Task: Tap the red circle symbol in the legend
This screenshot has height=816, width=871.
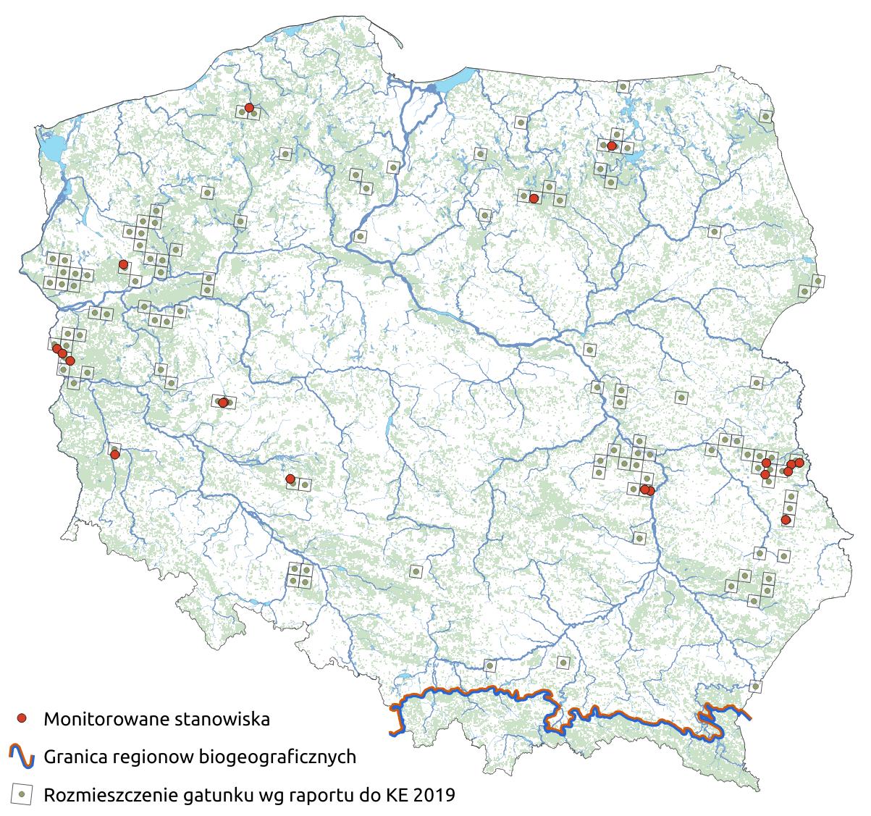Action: pyautogui.click(x=22, y=718)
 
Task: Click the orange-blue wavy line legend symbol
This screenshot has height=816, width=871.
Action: pyautogui.click(x=22, y=757)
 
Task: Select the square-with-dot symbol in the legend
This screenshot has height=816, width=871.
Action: pyautogui.click(x=22, y=794)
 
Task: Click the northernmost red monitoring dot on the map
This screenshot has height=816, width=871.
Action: pyautogui.click(x=249, y=108)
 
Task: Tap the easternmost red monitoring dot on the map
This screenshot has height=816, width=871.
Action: pyautogui.click(x=799, y=463)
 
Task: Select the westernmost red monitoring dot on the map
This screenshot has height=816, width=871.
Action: pyautogui.click(x=56, y=349)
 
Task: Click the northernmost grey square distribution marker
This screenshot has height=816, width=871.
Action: pyautogui.click(x=623, y=87)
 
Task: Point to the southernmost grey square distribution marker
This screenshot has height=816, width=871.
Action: pyautogui.click(x=756, y=686)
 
